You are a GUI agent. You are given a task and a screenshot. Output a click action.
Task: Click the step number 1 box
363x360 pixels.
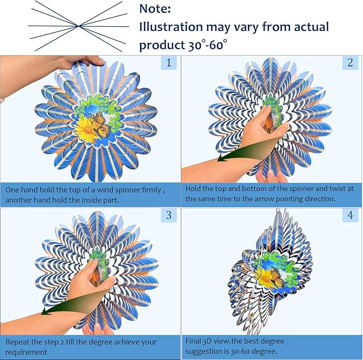(x=169, y=63)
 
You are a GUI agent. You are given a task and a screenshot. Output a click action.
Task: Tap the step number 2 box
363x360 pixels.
(x=350, y=63)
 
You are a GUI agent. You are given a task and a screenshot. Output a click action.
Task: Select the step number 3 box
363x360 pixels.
(x=169, y=215)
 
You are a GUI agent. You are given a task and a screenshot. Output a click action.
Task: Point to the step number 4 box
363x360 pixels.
(x=350, y=215)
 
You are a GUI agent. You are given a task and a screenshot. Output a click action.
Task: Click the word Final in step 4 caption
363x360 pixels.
(x=195, y=341)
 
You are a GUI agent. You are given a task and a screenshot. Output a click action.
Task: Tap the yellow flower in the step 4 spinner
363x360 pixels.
(x=262, y=278)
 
